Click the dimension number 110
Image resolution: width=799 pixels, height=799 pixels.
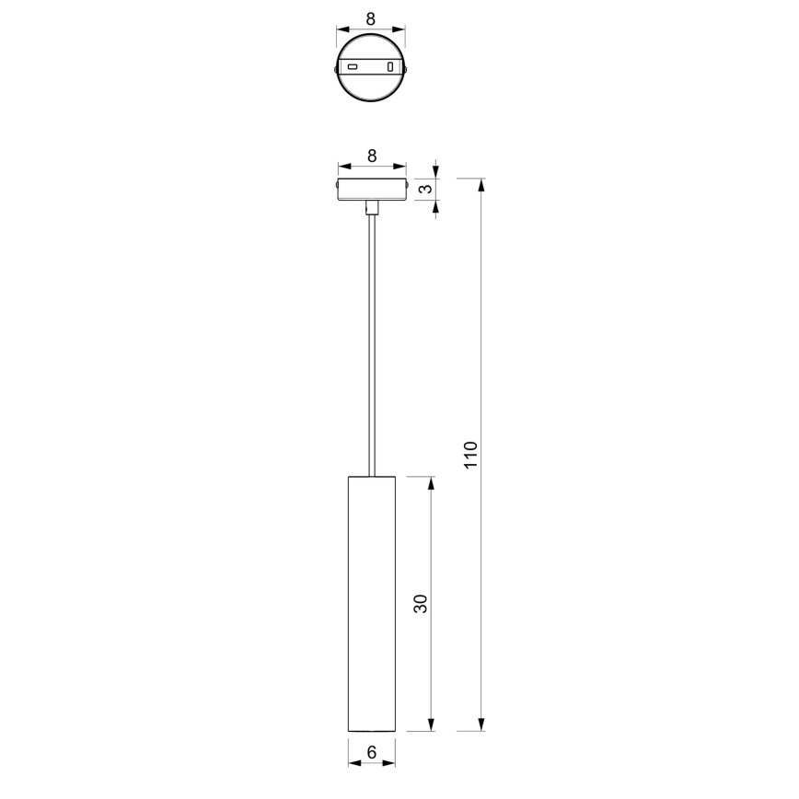click(x=471, y=455)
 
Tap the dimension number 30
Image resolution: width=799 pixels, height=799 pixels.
click(x=421, y=604)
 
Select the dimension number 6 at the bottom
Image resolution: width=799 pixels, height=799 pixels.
click(x=371, y=752)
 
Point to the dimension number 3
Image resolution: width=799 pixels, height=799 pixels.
click(x=424, y=189)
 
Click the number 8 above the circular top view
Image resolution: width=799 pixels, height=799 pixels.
click(x=371, y=18)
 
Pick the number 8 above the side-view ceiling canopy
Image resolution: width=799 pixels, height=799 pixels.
click(x=371, y=156)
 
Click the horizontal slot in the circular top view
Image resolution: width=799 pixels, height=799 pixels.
click(x=353, y=67)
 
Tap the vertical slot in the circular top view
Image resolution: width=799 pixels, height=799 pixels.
click(x=390, y=67)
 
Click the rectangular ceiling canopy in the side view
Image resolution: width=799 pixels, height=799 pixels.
click(x=371, y=189)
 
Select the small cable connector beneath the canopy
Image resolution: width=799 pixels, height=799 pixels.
click(x=371, y=207)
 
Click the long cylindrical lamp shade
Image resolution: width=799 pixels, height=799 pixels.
click(x=371, y=604)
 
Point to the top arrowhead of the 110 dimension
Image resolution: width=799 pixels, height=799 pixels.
click(x=481, y=184)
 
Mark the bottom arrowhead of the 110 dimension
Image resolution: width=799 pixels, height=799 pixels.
click(x=481, y=724)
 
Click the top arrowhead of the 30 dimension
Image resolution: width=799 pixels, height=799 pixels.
click(x=431, y=483)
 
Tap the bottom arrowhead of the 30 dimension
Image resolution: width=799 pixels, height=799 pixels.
click(x=431, y=724)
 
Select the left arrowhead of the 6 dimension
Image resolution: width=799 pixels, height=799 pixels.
click(x=353, y=762)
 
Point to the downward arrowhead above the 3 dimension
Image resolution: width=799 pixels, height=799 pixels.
click(x=435, y=172)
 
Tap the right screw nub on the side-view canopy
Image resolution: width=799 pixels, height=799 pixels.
click(x=407, y=189)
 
